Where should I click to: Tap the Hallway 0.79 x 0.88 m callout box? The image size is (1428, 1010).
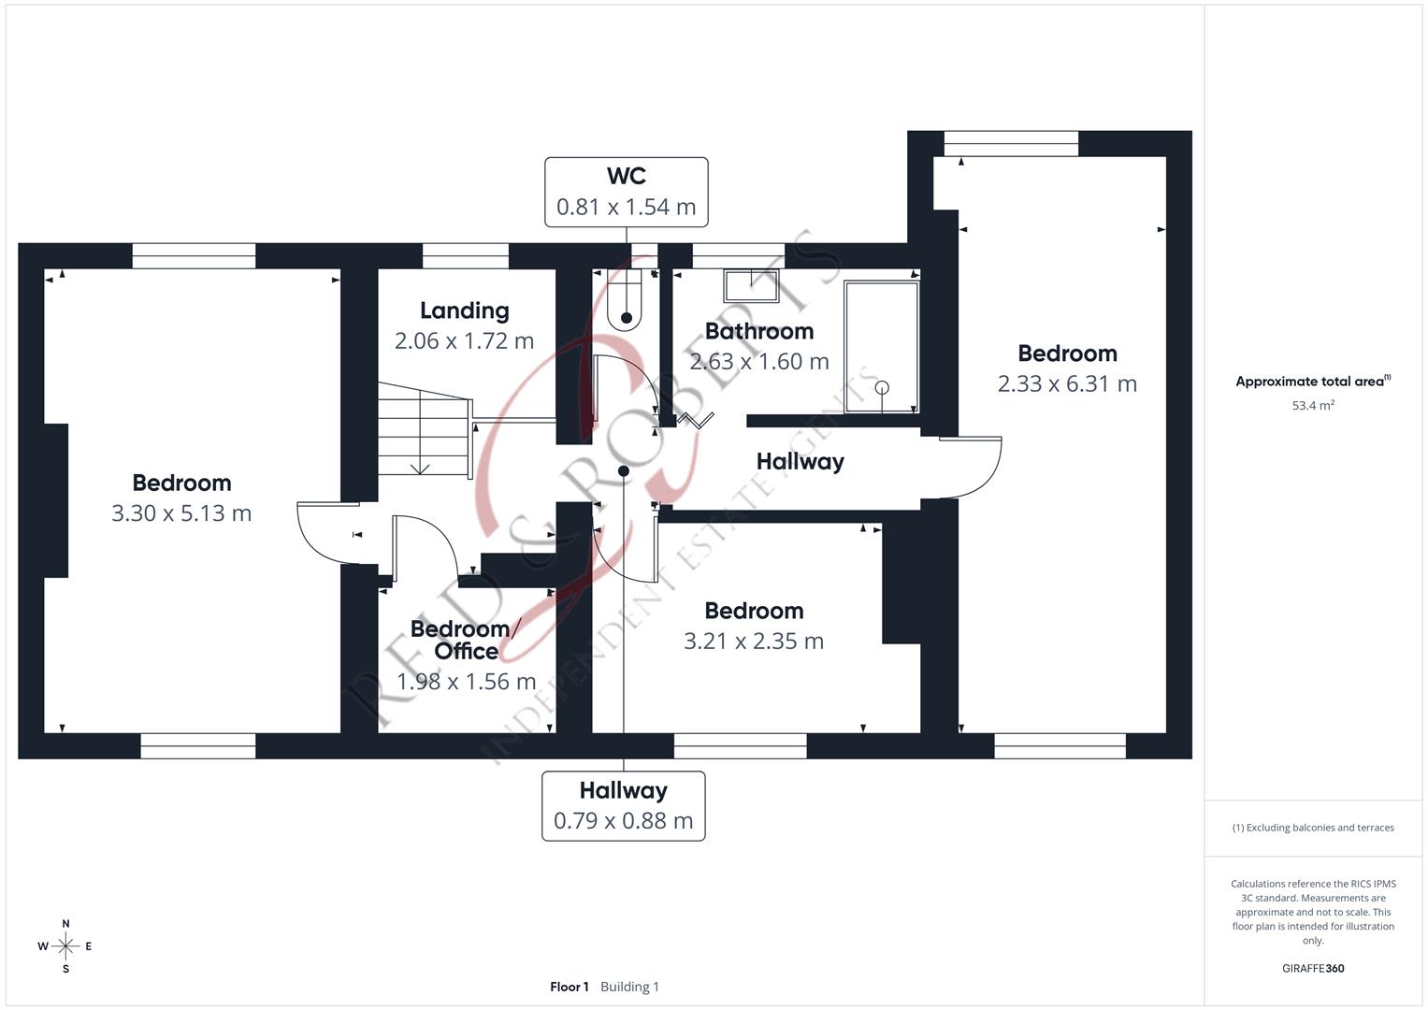pos(623,805)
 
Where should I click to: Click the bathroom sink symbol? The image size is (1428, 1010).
pos(750,286)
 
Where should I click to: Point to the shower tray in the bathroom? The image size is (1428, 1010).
pos(881,346)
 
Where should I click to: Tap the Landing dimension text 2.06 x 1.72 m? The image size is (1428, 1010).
pos(464,341)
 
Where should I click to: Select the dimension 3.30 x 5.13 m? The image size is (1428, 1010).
pos(181,513)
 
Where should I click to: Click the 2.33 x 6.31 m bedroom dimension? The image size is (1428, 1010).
pos(1067,384)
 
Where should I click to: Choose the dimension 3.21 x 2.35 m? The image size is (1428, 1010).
pos(754,642)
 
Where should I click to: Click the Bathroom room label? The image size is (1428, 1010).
pos(758,331)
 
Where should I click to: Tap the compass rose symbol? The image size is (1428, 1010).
pos(65,946)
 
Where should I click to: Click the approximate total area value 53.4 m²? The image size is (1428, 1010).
pos(1313,406)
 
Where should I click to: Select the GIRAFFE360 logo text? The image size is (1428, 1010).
pos(1313,969)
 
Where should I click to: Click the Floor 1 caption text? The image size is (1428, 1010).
pos(570,987)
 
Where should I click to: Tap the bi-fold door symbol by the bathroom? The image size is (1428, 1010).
pos(697,420)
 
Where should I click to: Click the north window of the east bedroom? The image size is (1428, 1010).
pos(1011,143)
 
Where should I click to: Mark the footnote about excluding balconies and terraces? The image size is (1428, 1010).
pos(1313,828)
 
